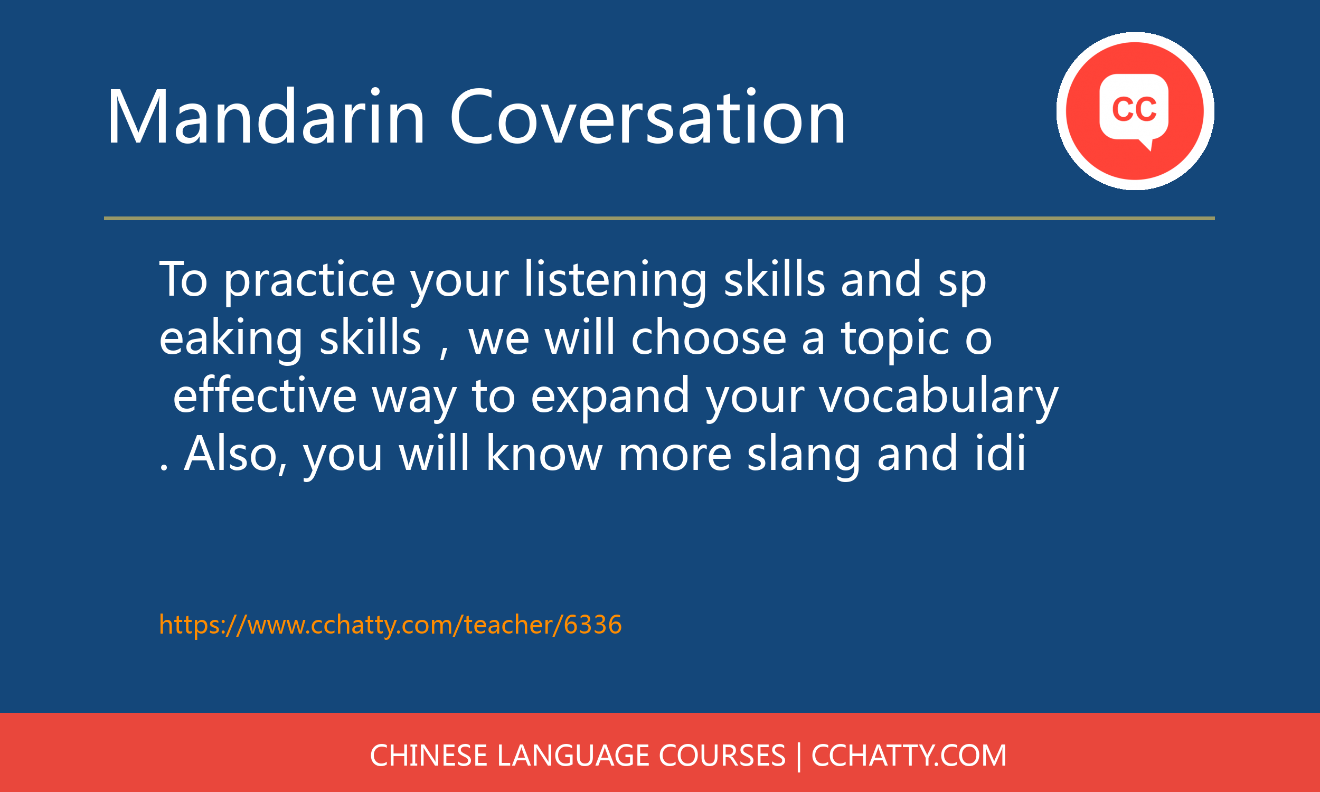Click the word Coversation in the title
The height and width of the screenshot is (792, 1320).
pos(648,117)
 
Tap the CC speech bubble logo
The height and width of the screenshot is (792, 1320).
pos(1135,111)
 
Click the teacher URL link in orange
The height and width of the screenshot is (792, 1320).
pos(391,625)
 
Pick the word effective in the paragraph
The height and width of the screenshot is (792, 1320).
pos(265,395)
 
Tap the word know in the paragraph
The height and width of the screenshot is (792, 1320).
pos(544,454)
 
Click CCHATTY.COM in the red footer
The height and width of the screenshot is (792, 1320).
pos(909,756)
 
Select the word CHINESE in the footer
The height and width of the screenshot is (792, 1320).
pos(428,756)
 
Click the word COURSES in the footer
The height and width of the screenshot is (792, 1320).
pos(722,756)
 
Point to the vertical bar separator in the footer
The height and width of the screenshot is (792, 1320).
pos(799,757)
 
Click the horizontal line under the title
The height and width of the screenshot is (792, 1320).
pos(659,218)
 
